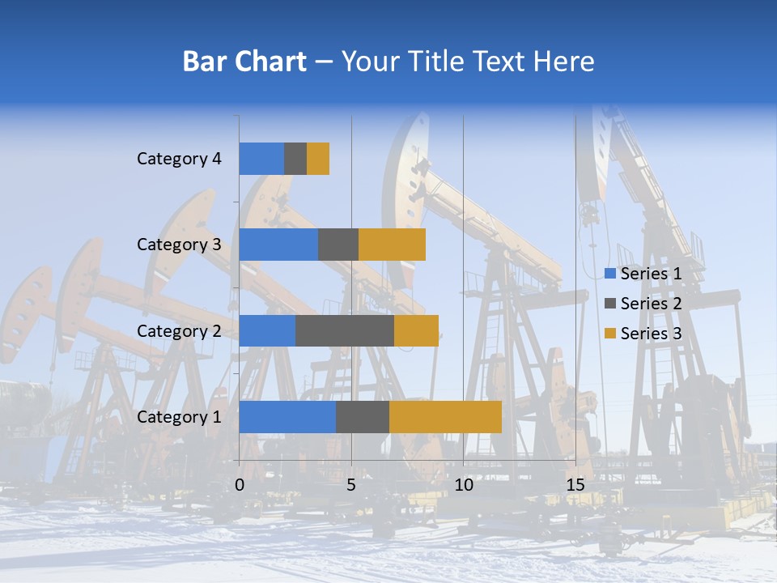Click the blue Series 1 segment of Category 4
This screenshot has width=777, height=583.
pyautogui.click(x=261, y=159)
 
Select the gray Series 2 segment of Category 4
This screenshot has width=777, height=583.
pyautogui.click(x=295, y=159)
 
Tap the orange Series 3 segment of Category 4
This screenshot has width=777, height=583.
pyautogui.click(x=318, y=159)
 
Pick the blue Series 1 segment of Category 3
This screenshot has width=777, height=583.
pyautogui.click(x=278, y=245)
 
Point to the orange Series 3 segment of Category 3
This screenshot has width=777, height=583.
pyautogui.click(x=392, y=245)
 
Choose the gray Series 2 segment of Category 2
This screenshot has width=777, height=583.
pyautogui.click(x=345, y=330)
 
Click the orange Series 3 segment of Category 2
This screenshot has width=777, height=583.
pyautogui.click(x=416, y=330)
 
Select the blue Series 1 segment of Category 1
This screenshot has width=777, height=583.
pyautogui.click(x=287, y=417)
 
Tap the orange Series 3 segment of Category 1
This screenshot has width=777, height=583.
pyautogui.click(x=445, y=417)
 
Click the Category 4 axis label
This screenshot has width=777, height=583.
pyautogui.click(x=179, y=159)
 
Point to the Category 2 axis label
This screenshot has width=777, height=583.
pyautogui.click(x=179, y=330)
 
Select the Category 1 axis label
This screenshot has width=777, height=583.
pyautogui.click(x=179, y=417)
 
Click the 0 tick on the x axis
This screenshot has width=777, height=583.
pyautogui.click(x=240, y=485)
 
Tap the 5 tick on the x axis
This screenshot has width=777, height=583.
pyautogui.click(x=351, y=485)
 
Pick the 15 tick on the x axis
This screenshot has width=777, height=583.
pyautogui.click(x=575, y=485)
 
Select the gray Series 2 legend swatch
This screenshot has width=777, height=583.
pyautogui.click(x=610, y=304)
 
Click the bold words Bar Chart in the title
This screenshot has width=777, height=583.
pyautogui.click(x=244, y=62)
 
